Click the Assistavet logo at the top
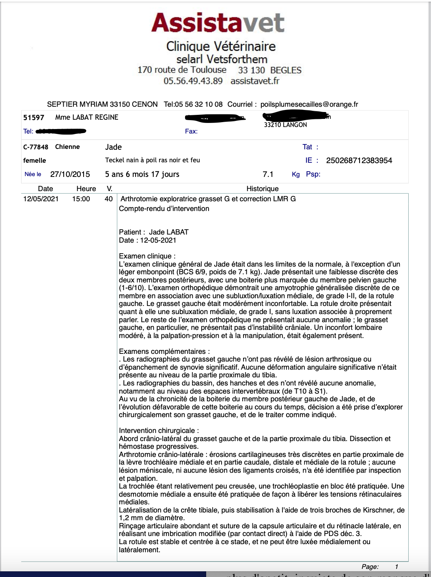218,23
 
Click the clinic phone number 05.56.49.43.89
193,81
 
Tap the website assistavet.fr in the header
255,81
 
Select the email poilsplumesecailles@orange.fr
309,104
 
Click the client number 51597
34,118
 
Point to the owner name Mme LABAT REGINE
87,117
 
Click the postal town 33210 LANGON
285,125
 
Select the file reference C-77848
36,147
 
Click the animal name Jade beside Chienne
113,147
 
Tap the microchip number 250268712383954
359,160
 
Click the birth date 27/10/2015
70,174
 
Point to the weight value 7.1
268,174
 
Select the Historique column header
263,189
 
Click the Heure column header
86,189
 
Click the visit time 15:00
81,199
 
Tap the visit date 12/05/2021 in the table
41,199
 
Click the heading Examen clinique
147,256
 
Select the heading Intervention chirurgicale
159,431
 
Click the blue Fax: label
191,131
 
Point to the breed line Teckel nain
152,160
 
